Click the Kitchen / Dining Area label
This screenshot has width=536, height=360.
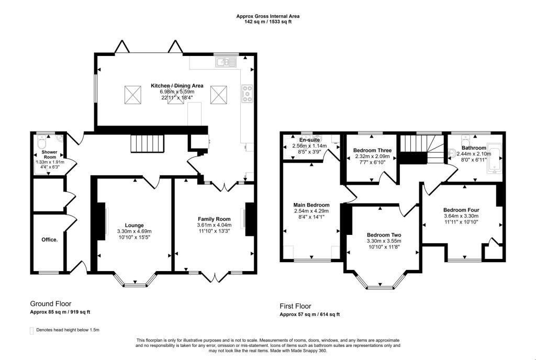pos(177,86)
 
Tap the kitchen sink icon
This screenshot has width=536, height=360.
pos(226,62)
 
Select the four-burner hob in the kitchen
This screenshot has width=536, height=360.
pos(247,94)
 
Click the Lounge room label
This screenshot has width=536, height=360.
pos(133,225)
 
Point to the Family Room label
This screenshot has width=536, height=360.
pos(214,219)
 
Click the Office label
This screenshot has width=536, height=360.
pos(50,240)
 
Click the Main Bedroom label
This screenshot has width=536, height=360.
pos(311,205)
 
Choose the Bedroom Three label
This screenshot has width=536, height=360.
pos(369,150)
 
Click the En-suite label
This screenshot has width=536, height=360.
pos(309,140)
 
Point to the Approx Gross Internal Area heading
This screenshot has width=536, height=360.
pos(268,16)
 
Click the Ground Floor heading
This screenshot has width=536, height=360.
pos(51,303)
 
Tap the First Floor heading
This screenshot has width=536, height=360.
pos(295,306)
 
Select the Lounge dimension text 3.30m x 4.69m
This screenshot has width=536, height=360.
pos(133,231)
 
